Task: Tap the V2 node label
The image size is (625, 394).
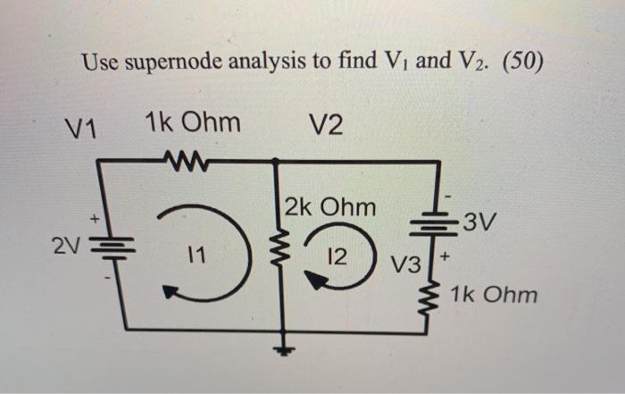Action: click(x=326, y=126)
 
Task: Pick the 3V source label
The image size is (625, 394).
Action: click(x=482, y=220)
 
